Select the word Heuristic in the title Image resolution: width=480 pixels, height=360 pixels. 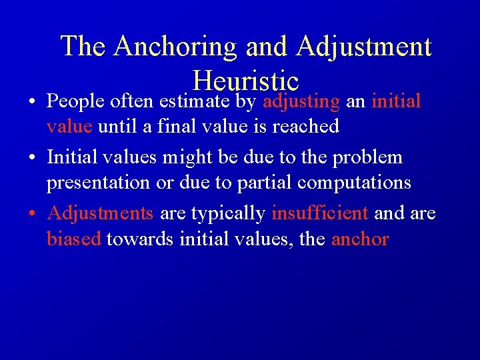pyautogui.click(x=245, y=81)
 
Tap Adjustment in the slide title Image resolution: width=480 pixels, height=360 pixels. pyautogui.click(x=364, y=47)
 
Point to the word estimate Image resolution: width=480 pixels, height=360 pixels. pyautogui.click(x=193, y=102)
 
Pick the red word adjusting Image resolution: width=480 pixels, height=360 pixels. pyautogui.click(x=301, y=102)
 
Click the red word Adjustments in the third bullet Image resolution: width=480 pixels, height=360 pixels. pyautogui.click(x=101, y=214)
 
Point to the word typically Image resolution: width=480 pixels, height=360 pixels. pyautogui.click(x=229, y=214)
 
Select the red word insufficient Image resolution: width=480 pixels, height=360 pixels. pyautogui.click(x=320, y=213)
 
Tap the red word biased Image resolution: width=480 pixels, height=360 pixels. pyautogui.click(x=73, y=238)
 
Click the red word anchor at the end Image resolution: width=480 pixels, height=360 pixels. pyautogui.click(x=360, y=238)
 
